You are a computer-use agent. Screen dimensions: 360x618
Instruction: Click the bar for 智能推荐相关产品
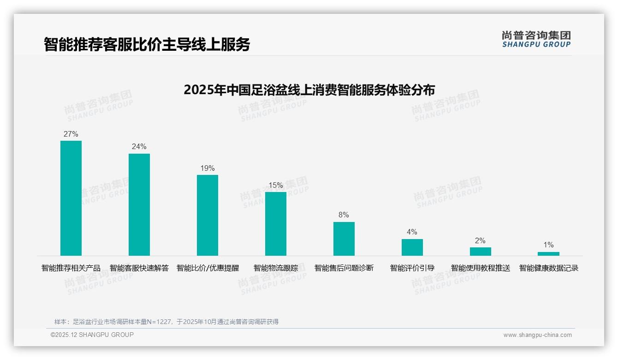click(x=71, y=198)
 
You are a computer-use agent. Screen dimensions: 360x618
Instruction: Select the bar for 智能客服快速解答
click(x=139, y=204)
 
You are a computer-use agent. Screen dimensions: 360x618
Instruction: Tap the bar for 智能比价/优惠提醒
click(x=208, y=215)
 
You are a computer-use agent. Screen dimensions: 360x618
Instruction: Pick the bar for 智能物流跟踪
click(x=276, y=224)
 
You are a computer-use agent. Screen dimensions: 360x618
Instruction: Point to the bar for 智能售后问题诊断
click(x=344, y=239)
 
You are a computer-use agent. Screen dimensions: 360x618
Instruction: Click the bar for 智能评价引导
click(x=412, y=247)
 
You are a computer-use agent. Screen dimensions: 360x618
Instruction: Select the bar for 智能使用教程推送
click(x=481, y=252)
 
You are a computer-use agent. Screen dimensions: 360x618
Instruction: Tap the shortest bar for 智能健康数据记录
click(x=548, y=254)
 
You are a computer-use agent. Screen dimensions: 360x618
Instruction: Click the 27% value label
click(x=71, y=134)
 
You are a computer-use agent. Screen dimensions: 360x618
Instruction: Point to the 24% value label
click(x=139, y=147)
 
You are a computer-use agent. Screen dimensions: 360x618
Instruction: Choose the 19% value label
click(x=208, y=168)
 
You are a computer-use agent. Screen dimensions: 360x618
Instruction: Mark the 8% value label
click(x=344, y=215)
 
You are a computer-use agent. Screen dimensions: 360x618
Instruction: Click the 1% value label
click(x=548, y=245)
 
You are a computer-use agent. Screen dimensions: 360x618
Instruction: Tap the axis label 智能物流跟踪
click(x=276, y=268)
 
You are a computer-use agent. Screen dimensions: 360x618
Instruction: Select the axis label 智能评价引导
click(x=412, y=268)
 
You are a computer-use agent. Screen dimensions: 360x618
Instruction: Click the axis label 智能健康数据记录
click(x=549, y=268)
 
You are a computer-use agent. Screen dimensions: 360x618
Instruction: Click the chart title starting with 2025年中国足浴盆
click(x=309, y=90)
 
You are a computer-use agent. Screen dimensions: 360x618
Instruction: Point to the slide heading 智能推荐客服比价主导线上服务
click(x=147, y=44)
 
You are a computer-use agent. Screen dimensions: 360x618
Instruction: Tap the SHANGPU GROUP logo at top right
click(x=536, y=39)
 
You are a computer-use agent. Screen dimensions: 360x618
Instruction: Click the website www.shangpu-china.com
click(x=537, y=335)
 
